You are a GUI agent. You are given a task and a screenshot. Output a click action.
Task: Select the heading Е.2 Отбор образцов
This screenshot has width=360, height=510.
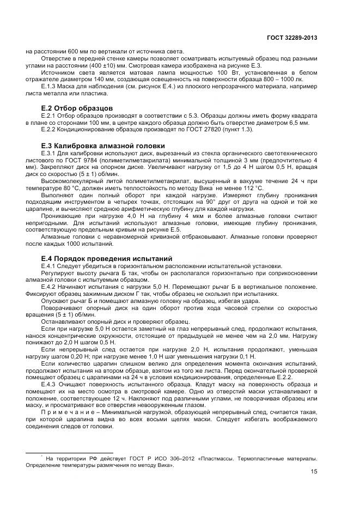tap(77, 108)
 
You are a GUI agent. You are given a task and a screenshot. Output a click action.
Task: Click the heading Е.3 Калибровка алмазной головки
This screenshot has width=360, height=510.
tap(103, 145)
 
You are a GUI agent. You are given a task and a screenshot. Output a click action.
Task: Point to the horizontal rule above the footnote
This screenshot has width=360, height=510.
tap(69, 452)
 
